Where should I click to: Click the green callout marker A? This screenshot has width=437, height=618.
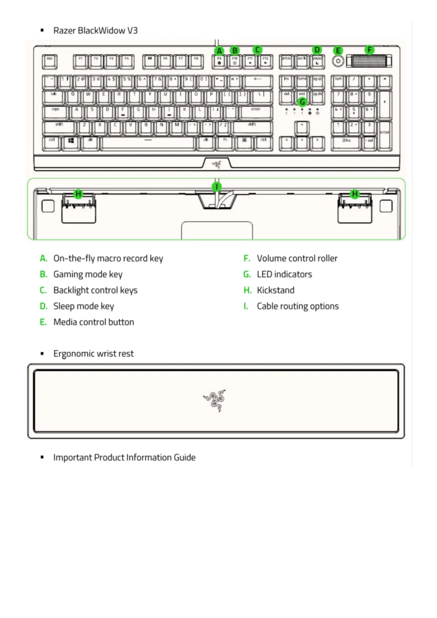tap(219, 51)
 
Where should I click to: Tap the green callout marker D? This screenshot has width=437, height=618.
tap(317, 50)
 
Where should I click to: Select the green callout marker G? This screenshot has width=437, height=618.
tap(302, 102)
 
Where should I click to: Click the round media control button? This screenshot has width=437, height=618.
tap(338, 61)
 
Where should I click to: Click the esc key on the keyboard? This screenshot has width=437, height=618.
tap(50, 62)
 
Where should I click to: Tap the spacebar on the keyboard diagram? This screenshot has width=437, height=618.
tap(148, 143)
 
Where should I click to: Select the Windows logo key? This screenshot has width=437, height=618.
tap(71, 143)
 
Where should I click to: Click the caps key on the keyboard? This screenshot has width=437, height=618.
tap(55, 112)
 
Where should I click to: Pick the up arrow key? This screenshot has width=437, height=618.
tap(302, 127)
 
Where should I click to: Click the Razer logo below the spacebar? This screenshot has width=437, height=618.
tap(217, 164)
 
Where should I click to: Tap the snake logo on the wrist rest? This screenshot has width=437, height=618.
tap(215, 400)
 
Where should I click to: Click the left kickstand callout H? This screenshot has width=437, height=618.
tap(78, 194)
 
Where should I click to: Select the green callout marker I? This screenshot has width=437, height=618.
tap(217, 186)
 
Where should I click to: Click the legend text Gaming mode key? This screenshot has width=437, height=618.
tap(88, 275)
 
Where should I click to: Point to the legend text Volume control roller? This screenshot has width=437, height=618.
tap(297, 258)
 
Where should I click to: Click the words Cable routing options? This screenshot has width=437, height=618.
tap(297, 306)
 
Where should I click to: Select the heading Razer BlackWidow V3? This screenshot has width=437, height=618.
tap(95, 30)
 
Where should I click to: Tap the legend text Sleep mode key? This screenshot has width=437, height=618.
tap(83, 306)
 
